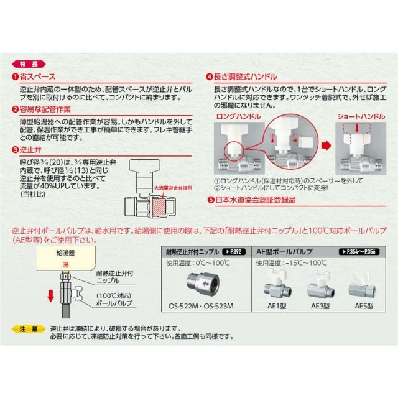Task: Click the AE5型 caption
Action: click(x=365, y=305)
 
